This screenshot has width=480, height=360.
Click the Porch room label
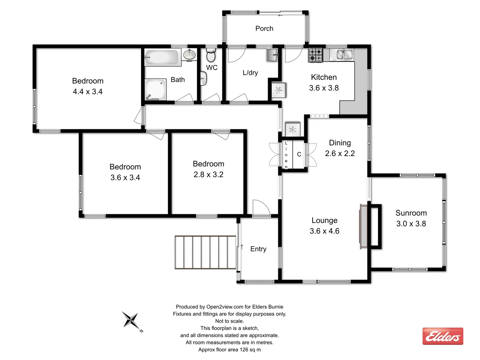point(264,29)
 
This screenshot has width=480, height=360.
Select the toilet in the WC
point(211,56)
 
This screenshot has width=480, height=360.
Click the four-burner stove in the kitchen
point(315,55)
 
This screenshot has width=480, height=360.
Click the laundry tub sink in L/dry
point(272,55)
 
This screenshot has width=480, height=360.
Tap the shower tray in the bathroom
point(156,89)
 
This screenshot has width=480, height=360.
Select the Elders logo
point(443,336)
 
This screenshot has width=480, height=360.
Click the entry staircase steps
point(205,252)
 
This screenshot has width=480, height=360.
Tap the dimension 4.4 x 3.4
point(88,92)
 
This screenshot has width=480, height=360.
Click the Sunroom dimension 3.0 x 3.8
point(411,224)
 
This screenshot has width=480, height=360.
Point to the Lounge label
point(324,220)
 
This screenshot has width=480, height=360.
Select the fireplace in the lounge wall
point(363,227)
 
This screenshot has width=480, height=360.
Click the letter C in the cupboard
point(299,154)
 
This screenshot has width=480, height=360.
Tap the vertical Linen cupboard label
point(286,155)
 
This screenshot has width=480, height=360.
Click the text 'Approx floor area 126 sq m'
point(229,350)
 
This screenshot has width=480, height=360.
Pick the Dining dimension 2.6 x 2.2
point(340,153)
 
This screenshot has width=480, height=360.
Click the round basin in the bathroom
point(189,54)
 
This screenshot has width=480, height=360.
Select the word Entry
point(258,249)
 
